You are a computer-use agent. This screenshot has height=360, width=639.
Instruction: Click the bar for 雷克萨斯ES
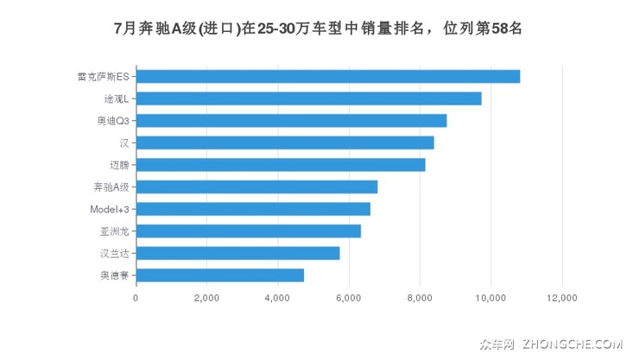click(x=328, y=76)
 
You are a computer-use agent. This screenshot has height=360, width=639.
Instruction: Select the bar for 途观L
click(x=308, y=98)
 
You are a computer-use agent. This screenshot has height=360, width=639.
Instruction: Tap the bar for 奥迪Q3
click(x=291, y=120)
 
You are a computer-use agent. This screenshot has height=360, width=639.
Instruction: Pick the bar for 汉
click(x=285, y=142)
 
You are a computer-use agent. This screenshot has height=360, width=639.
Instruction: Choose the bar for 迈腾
click(x=281, y=164)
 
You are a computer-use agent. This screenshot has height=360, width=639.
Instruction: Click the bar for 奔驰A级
click(x=256, y=186)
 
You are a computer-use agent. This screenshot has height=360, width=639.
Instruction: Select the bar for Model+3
click(x=253, y=209)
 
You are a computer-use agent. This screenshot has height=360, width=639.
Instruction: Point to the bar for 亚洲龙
click(x=249, y=231)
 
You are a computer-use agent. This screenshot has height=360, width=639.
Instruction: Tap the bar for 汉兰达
click(x=237, y=253)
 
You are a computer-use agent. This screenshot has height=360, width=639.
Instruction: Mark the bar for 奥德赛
click(x=220, y=275)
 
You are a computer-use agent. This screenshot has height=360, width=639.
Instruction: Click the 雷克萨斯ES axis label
click(x=104, y=76)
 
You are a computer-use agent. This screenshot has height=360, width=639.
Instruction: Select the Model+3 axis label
click(x=110, y=209)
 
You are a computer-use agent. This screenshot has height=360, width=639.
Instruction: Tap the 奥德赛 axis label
click(x=115, y=275)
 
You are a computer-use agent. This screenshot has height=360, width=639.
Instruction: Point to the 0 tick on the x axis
click(x=136, y=298)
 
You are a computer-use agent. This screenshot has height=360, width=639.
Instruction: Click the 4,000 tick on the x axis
click(x=277, y=298)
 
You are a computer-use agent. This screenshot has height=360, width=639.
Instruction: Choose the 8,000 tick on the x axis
click(x=420, y=298)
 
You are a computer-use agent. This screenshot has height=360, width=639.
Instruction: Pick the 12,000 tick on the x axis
click(x=561, y=298)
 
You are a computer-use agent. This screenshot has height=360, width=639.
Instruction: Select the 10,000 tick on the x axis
click(x=490, y=298)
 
